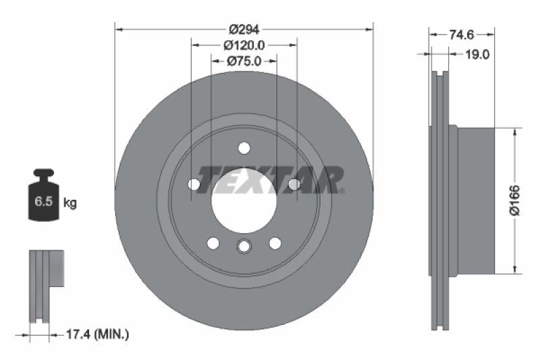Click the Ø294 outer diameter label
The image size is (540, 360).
click(244, 29)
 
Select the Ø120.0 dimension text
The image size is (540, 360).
click(244, 45)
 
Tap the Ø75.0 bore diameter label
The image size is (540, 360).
click(244, 61)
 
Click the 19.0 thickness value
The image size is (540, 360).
click(477, 54)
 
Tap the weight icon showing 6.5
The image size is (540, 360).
click(43, 197)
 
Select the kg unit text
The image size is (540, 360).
click(70, 202)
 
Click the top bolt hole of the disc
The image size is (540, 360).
click(244, 149)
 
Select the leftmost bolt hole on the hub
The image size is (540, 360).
click(194, 184)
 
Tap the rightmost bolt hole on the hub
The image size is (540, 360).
click(294, 184)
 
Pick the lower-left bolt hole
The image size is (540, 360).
click(213, 243)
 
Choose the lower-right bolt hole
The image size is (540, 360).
click(275, 243)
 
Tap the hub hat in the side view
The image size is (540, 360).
click(476, 201)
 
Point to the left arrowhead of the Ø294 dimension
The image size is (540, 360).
click(118, 29)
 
